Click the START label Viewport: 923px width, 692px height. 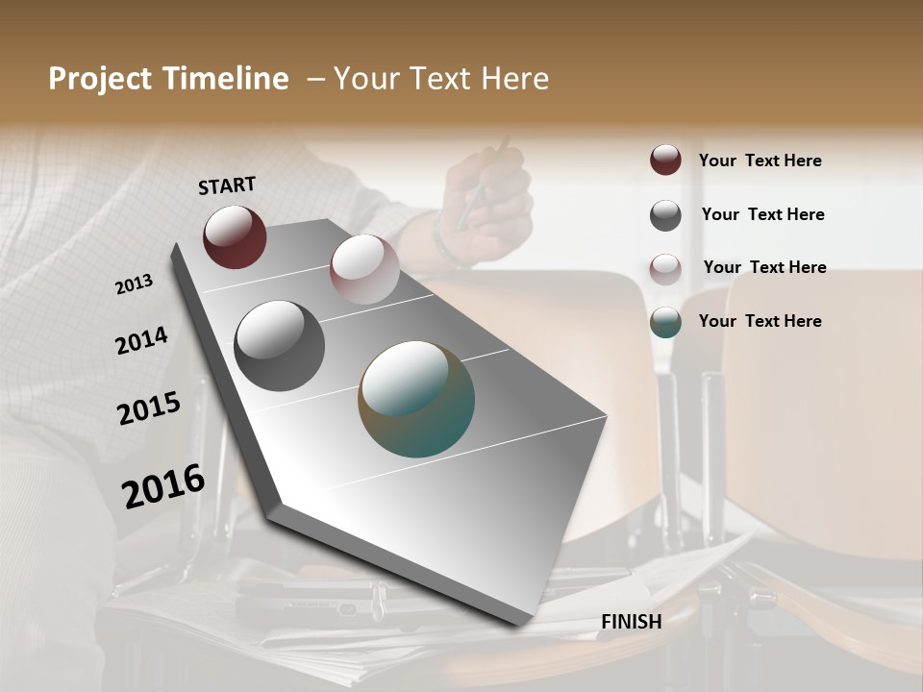pos(227,185)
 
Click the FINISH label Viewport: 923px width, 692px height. pos(631,622)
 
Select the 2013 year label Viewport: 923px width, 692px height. pos(134,284)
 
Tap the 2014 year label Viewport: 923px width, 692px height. pos(141,341)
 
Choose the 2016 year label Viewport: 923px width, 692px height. pos(163,486)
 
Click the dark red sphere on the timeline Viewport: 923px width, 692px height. pos(235,236)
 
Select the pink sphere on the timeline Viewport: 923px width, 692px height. pos(364,269)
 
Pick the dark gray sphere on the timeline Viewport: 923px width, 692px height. pos(279,346)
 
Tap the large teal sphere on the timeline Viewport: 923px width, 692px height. pos(416,399)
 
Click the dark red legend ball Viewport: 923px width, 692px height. pos(665,160)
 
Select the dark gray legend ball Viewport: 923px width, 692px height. pos(665,215)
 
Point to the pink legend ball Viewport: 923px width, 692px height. pos(665,268)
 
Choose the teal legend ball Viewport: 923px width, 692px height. pos(665,322)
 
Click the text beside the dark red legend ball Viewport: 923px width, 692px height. pos(760,161)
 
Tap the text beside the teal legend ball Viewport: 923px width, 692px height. pos(760,321)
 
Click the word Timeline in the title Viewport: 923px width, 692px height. pos(227,79)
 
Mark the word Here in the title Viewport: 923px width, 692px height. pos(513,79)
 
